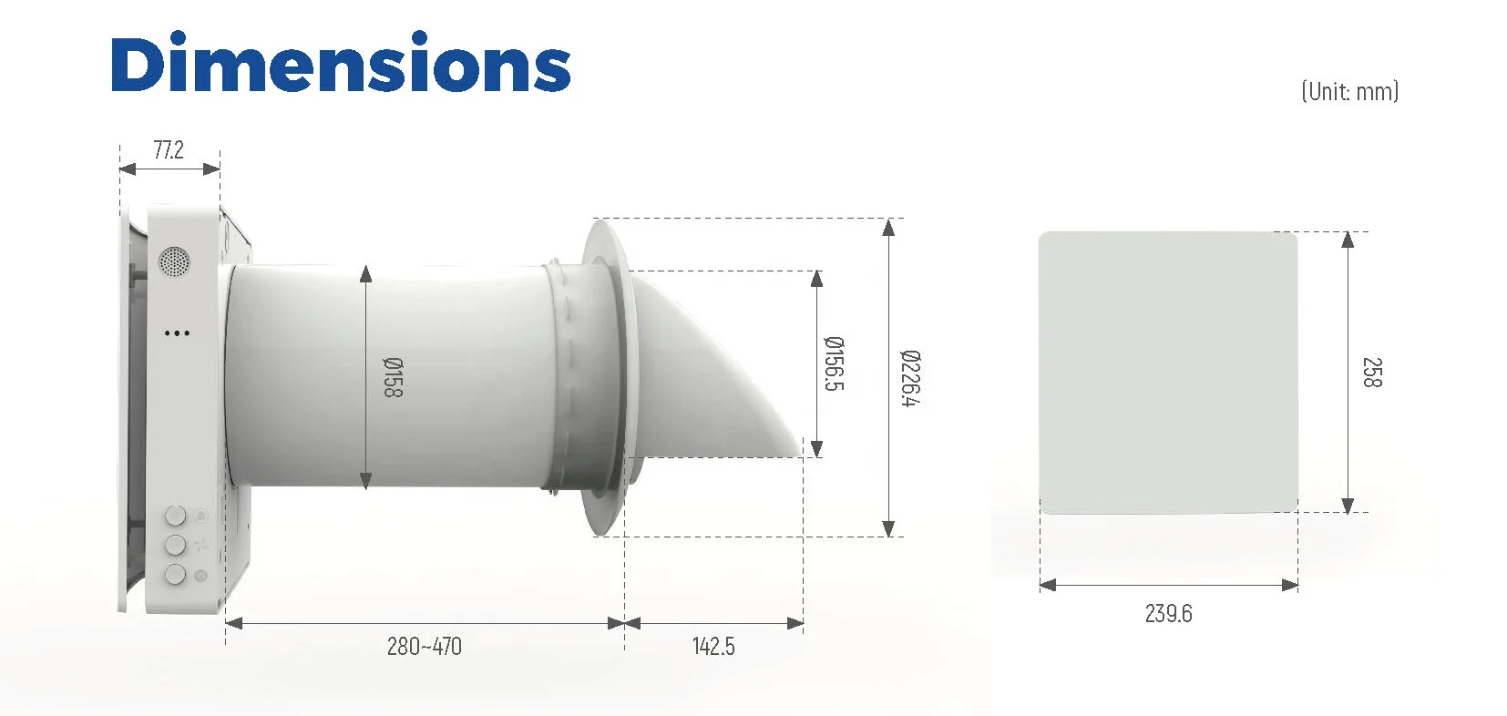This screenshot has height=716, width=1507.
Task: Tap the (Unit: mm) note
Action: pyautogui.click(x=1349, y=91)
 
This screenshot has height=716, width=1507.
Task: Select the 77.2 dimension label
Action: pyautogui.click(x=169, y=150)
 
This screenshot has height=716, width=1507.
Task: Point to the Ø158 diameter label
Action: pyautogui.click(x=392, y=377)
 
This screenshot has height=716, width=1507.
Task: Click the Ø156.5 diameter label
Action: pyautogui.click(x=834, y=363)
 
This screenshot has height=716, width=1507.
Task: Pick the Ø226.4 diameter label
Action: pyautogui.click(x=909, y=377)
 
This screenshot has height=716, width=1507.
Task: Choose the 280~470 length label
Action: pyautogui.click(x=424, y=647)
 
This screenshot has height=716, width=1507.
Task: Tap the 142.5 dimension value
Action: pyautogui.click(x=712, y=647)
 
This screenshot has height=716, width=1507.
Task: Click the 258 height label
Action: pyautogui.click(x=1371, y=373)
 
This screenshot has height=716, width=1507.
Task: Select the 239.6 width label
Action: pyautogui.click(x=1168, y=614)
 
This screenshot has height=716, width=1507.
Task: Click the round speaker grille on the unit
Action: pyautogui.click(x=174, y=261)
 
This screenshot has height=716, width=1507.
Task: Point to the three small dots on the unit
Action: pyautogui.click(x=177, y=333)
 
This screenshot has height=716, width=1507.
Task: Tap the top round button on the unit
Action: pyautogui.click(x=175, y=516)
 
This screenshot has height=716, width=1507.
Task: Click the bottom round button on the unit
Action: pyautogui.click(x=175, y=574)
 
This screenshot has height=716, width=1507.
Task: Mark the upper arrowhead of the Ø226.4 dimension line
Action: pyautogui.click(x=888, y=227)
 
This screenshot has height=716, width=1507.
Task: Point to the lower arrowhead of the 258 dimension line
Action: pyautogui.click(x=1348, y=506)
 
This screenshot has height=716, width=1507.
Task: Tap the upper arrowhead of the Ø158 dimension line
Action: pyautogui.click(x=365, y=274)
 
